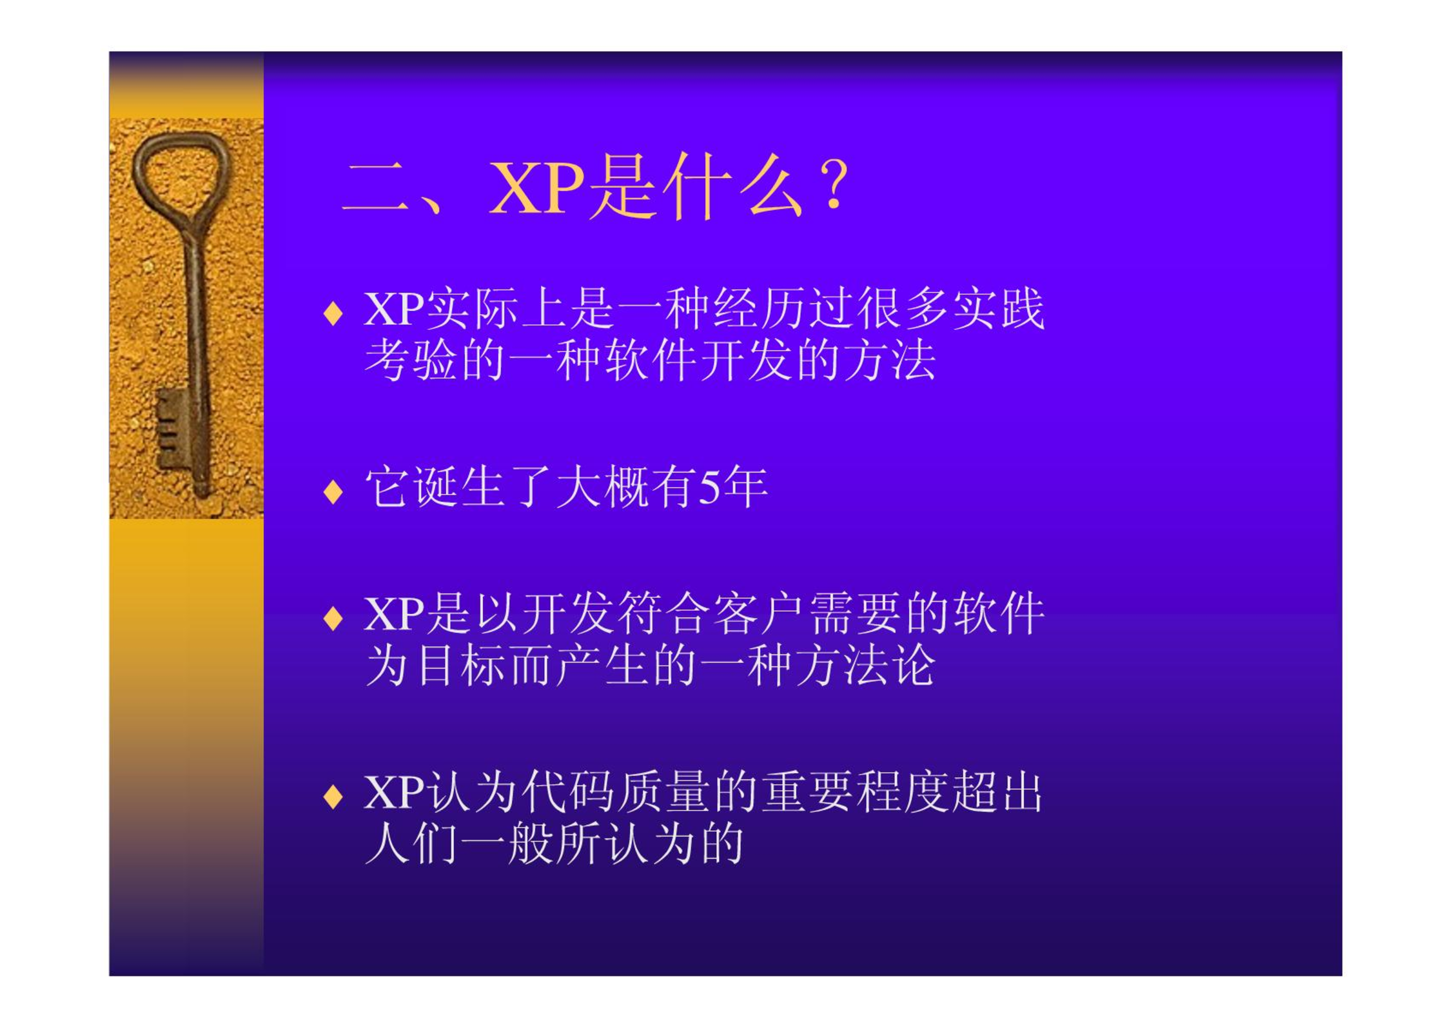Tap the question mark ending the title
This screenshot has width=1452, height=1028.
tap(834, 186)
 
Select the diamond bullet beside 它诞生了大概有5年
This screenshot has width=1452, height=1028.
tap(333, 492)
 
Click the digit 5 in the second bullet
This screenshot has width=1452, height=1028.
tap(709, 488)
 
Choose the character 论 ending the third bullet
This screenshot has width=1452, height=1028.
tap(913, 665)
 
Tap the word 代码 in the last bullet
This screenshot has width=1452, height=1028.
tap(567, 793)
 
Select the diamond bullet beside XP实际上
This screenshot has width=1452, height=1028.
tap(333, 313)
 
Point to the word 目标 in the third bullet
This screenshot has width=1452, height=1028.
tap(459, 665)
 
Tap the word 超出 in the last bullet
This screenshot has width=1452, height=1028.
tap(997, 793)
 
